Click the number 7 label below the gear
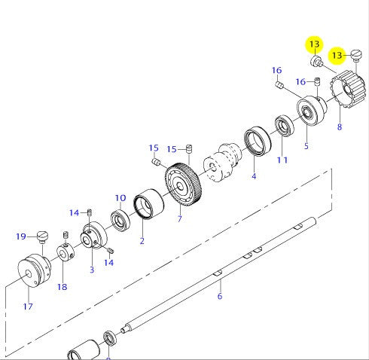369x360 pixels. tap(180, 219)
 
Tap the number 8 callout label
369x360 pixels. tap(339, 127)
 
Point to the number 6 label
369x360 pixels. tap(220, 297)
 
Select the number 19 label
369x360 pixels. tap(21, 236)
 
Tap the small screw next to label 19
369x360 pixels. tap(42, 238)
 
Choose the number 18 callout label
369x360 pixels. tap(62, 286)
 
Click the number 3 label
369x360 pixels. tap(91, 269)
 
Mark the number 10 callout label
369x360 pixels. tap(120, 198)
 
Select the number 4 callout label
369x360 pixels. tap(254, 176)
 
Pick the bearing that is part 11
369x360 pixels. tap(285, 126)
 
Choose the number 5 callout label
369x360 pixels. tap(306, 145)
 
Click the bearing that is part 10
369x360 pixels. tap(120, 221)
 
